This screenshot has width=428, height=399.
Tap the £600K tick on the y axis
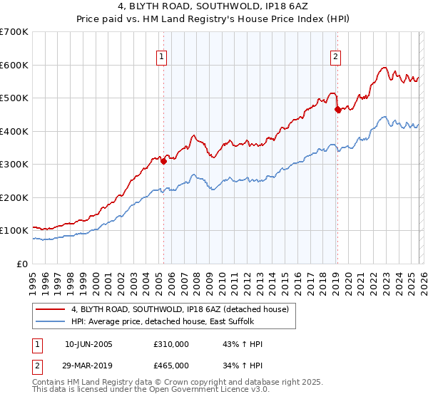pos(14,65)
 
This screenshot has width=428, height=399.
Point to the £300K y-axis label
pos(14,165)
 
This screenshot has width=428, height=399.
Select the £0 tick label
pos(22,264)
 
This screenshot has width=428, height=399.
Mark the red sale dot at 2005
pos(163,161)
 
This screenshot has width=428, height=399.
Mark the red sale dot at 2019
pos(337,110)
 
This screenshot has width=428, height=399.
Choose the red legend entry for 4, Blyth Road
pos(179,309)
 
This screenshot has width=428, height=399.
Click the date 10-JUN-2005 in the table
pos(88,344)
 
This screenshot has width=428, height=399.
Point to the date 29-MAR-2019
pos(88,365)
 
